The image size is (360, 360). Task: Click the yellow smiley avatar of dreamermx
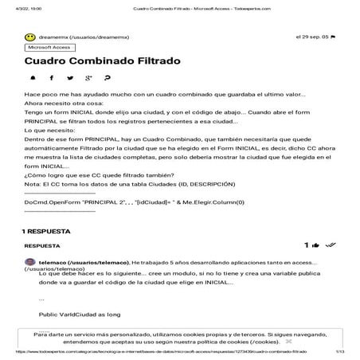29,37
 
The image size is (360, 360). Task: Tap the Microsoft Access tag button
49,48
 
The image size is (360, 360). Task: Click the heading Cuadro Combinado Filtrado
102,61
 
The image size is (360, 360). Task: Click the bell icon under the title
33,78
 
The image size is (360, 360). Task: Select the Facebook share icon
52,78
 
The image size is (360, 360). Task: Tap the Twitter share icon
70,78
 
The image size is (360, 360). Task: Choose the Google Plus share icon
88,78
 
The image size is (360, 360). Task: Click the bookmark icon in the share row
108,78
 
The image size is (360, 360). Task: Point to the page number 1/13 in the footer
339,351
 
